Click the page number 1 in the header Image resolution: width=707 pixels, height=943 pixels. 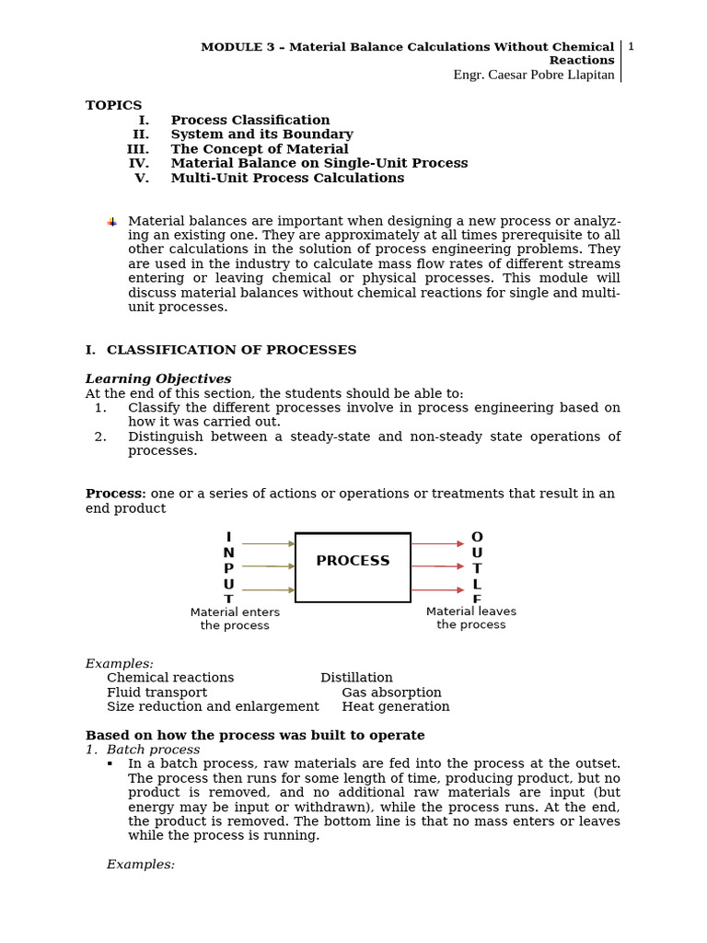631,47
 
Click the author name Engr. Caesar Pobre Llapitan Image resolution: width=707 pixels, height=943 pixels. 534,75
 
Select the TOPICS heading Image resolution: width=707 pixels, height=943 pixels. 113,105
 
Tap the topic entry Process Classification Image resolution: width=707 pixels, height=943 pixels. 249,120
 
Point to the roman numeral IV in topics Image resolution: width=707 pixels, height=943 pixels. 138,163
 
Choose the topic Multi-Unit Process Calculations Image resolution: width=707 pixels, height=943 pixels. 287,178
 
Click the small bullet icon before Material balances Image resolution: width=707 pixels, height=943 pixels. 111,222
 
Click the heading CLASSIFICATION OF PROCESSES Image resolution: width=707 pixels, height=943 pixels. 231,350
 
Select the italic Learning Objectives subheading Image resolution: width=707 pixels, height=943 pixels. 158,378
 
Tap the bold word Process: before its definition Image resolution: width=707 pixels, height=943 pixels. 115,494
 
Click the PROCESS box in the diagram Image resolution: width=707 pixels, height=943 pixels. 353,566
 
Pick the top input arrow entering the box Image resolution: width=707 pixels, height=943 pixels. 268,543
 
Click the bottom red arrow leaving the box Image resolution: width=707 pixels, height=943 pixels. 437,589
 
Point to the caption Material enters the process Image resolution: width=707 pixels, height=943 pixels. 235,619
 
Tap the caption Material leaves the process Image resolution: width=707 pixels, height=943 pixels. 471,618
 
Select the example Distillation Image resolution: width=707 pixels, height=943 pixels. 356,678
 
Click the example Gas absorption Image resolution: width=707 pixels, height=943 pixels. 391,693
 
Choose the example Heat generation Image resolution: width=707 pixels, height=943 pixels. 396,707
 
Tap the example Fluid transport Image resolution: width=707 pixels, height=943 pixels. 156,693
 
